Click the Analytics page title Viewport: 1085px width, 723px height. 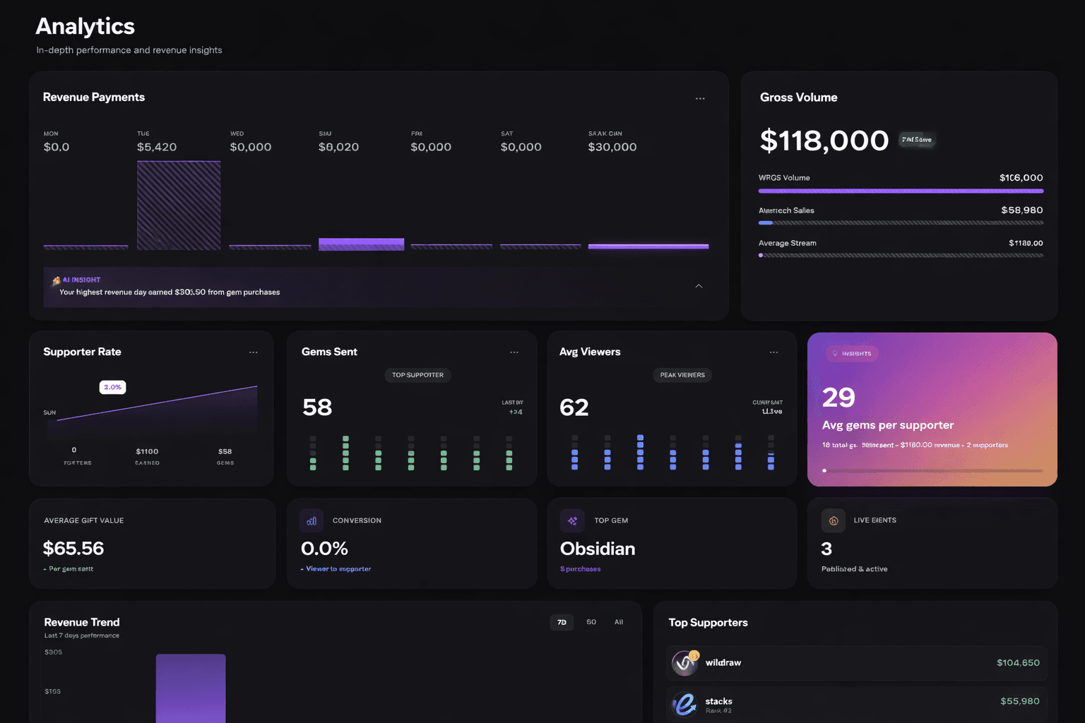coord(85,26)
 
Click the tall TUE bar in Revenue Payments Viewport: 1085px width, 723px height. coord(179,205)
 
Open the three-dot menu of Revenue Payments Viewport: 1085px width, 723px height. coord(700,99)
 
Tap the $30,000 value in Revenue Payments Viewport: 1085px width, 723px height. coord(612,147)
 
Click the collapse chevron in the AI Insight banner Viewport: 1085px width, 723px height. coord(699,286)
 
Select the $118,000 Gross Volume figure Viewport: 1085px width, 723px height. coord(824,141)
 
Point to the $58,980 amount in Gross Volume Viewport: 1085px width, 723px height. coord(1021,210)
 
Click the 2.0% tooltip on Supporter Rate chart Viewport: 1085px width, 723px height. coord(112,387)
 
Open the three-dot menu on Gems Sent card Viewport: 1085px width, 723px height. coord(514,352)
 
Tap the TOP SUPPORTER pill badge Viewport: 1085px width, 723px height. coord(417,375)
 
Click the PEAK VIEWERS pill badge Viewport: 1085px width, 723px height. coord(682,375)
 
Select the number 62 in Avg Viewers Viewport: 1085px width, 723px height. coord(574,407)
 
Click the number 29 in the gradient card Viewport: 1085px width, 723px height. coord(838,398)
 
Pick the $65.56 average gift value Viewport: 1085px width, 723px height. coord(73,549)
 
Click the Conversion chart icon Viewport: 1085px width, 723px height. coord(312,521)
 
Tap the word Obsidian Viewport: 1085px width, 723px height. coord(597,549)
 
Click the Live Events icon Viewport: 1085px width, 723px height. coord(834,521)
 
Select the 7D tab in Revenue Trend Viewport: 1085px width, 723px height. coord(562,622)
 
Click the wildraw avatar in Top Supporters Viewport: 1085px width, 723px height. coord(684,663)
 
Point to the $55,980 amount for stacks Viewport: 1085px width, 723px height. coord(1019,701)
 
